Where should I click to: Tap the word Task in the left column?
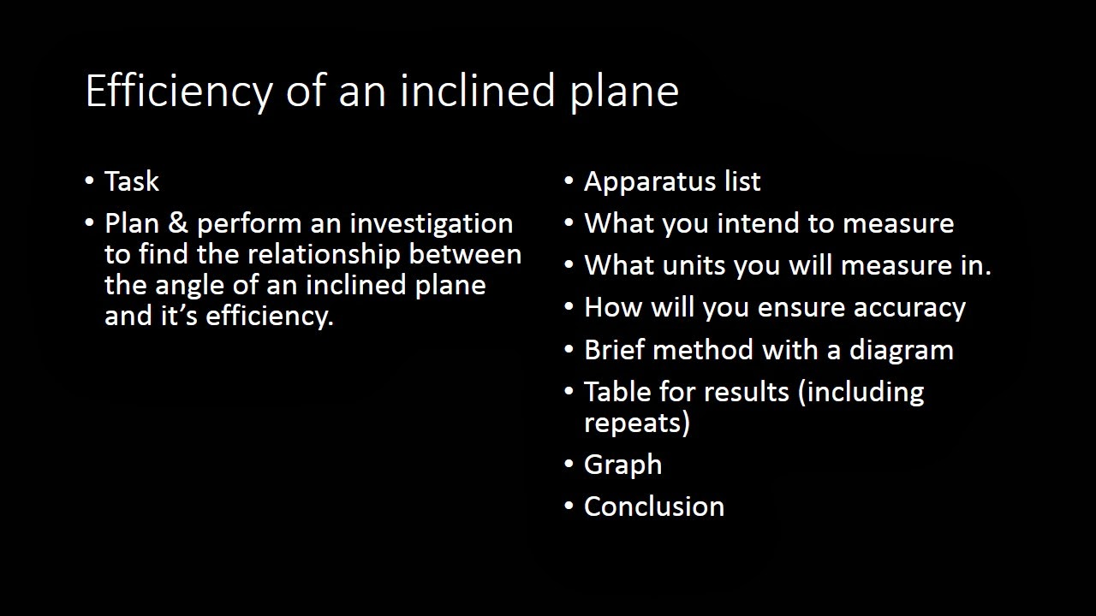[x=132, y=181]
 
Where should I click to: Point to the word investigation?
[x=431, y=224]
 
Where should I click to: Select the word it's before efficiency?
[x=181, y=316]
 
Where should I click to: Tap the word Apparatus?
[x=646, y=182]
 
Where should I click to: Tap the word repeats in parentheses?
[x=636, y=423]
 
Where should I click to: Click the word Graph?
[x=622, y=465]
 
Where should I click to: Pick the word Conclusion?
[x=654, y=506]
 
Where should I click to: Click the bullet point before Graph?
[x=569, y=465]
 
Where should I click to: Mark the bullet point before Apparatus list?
[x=569, y=181]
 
